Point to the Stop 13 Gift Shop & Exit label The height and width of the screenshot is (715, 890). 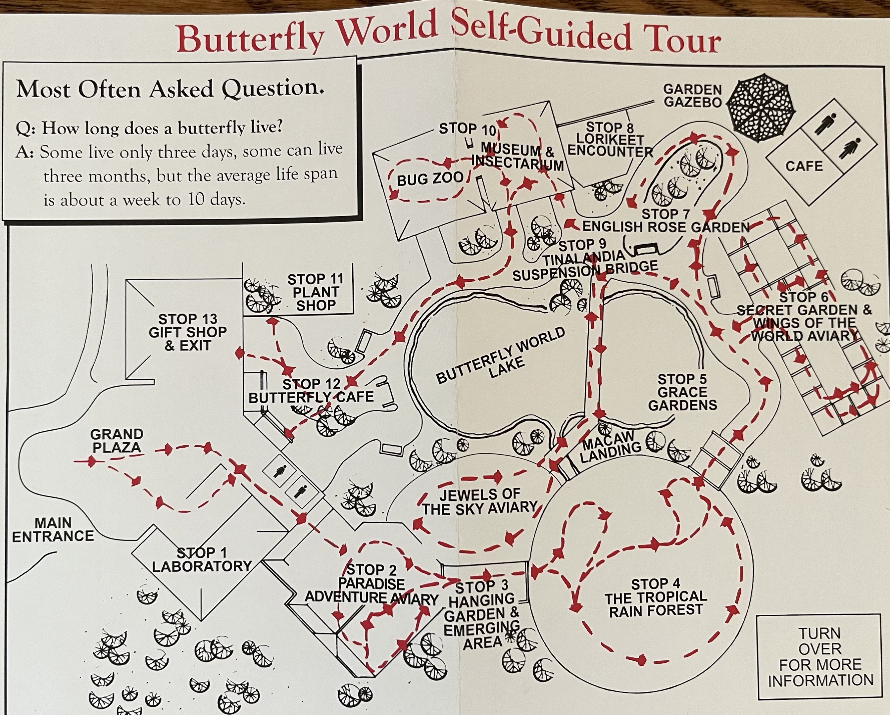point(188,332)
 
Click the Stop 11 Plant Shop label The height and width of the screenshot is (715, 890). point(316,292)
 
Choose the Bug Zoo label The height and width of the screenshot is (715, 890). point(430,179)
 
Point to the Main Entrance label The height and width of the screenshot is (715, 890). point(53,529)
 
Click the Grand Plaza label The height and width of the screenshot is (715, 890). point(117,441)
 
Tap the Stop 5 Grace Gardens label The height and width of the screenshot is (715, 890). point(682,392)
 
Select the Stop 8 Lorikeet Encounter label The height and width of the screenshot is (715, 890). point(610,140)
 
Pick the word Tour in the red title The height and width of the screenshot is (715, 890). point(678,38)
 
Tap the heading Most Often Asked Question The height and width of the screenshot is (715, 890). point(170,88)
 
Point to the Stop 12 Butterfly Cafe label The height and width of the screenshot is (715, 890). point(311,391)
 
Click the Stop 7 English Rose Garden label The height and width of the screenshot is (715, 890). point(666,221)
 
